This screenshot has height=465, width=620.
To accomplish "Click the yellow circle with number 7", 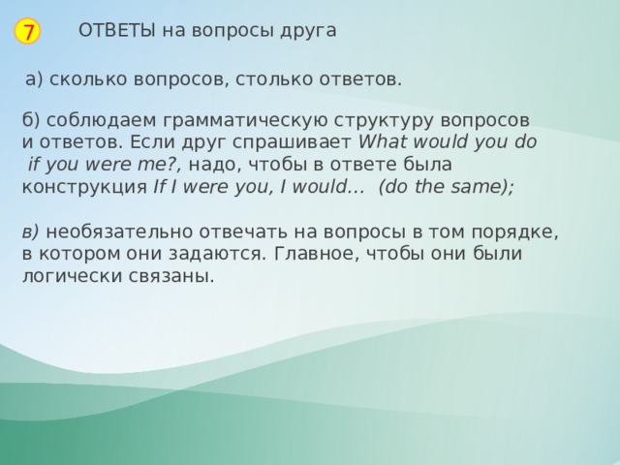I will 29,32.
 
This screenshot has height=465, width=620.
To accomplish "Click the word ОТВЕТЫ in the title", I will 116,30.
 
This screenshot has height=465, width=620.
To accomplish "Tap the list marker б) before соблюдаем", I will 30,120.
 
